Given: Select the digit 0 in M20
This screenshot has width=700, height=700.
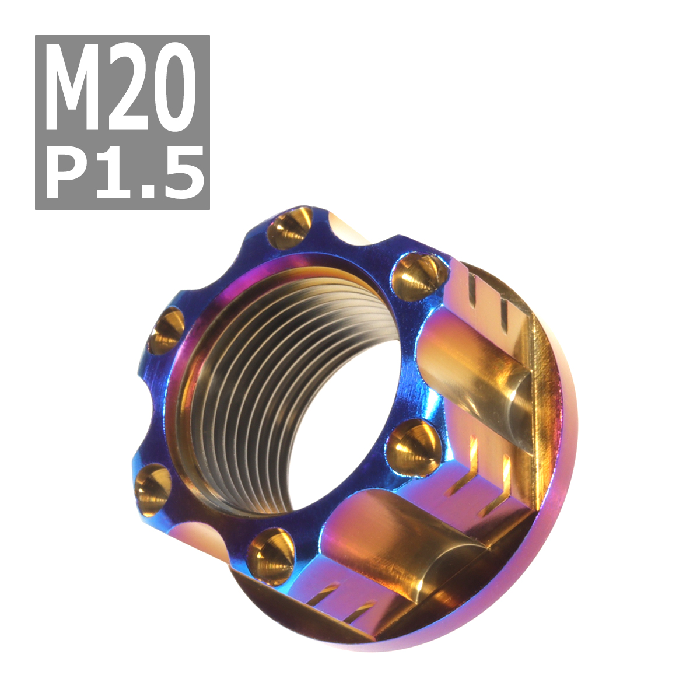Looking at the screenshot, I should click(x=172, y=87).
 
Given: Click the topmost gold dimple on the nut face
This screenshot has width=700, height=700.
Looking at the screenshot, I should click(x=290, y=230).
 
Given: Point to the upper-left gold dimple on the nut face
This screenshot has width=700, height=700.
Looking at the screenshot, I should click(x=166, y=331).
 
